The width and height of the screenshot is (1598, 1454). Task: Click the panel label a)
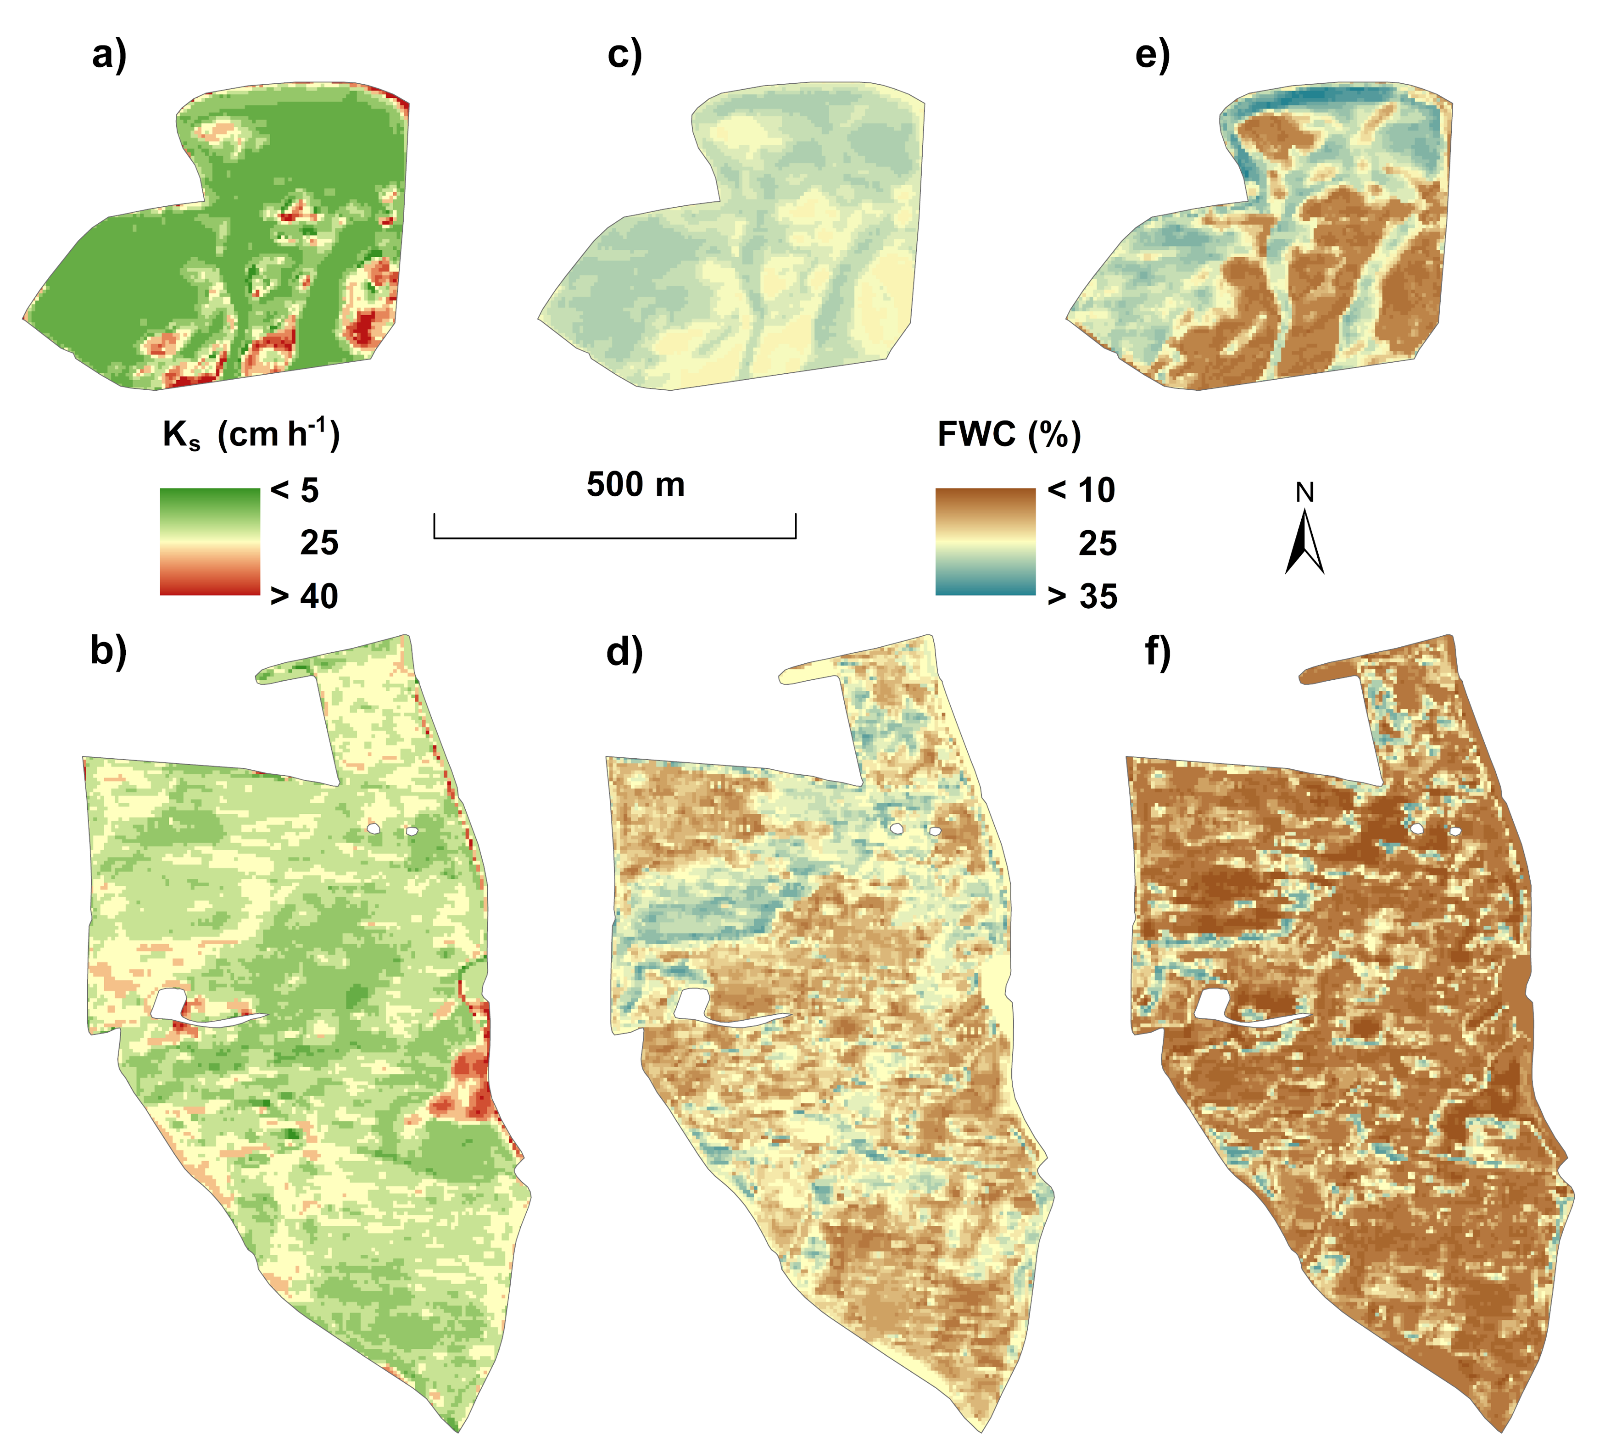[109, 56]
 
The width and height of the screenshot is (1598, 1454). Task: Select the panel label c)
[624, 56]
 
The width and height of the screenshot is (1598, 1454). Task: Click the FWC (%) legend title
[1009, 434]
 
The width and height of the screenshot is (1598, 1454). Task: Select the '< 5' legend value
[295, 490]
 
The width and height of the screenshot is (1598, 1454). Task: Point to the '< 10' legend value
[1081, 490]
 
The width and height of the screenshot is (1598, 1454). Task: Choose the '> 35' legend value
[1082, 596]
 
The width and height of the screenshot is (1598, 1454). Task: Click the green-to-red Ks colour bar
[210, 541]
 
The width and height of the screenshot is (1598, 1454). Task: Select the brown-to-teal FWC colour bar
[985, 541]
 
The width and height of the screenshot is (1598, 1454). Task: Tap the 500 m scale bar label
[636, 484]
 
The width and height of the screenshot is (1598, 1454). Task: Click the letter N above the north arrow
[1305, 493]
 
